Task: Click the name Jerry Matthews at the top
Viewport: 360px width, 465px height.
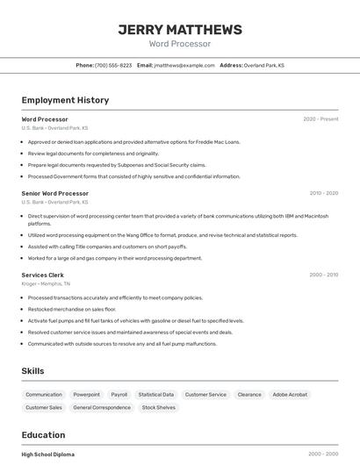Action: pos(180,29)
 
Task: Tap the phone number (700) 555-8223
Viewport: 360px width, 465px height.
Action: pos(113,65)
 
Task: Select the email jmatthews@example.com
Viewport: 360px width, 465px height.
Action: pos(184,65)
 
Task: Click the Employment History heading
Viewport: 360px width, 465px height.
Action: pos(65,100)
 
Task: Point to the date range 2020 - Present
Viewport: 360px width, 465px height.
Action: pos(320,119)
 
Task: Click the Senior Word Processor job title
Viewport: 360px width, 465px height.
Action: pos(55,193)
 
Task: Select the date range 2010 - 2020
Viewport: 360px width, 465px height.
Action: pos(323,193)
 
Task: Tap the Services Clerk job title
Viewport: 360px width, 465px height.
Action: pos(43,275)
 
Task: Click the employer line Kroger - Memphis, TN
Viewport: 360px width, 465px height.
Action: pos(46,284)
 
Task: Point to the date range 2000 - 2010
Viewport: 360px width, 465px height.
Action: pos(323,275)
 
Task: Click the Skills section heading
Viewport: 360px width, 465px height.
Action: pos(33,371)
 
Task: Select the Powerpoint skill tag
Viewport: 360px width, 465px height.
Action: pos(86,395)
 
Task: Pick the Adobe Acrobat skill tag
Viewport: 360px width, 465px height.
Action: pos(290,395)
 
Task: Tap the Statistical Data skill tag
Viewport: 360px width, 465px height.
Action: pos(156,395)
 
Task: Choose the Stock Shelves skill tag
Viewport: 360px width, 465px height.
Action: pos(159,408)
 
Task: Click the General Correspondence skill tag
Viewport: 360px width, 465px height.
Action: pos(102,408)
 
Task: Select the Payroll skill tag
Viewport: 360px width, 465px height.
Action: pos(119,395)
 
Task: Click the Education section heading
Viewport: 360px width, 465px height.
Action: pos(44,435)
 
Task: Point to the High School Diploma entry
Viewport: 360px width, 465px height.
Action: pos(48,454)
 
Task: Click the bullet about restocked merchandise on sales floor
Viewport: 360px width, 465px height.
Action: pos(72,309)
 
